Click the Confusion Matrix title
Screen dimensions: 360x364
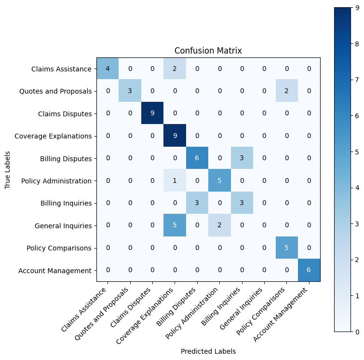pos(208,51)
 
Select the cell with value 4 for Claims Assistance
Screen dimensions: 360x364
pos(108,69)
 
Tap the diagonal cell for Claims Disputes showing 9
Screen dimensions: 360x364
pos(152,113)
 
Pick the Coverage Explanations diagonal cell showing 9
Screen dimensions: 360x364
pos(175,136)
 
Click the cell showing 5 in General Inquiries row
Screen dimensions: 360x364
pos(175,225)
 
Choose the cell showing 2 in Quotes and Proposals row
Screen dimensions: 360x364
pos(286,91)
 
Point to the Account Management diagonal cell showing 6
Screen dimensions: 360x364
pos(309,270)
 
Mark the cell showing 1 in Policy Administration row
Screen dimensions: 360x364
pos(175,180)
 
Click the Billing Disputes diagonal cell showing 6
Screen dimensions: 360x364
pos(197,158)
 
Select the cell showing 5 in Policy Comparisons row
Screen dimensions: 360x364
pos(286,248)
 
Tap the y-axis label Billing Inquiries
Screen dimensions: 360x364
pos(67,203)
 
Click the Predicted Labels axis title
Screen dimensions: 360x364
pos(208,351)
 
